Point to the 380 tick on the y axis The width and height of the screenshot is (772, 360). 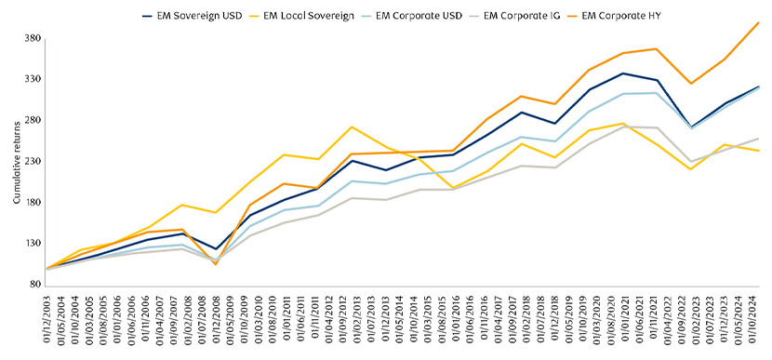click(33, 38)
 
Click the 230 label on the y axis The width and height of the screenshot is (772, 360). click(33, 161)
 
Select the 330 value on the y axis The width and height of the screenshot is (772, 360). click(33, 79)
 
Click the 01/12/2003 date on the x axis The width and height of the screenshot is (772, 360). click(47, 316)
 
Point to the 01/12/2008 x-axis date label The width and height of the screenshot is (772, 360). click(216, 316)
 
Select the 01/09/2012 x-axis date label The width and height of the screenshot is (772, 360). click(352, 316)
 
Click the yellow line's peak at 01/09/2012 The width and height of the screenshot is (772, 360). click(352, 127)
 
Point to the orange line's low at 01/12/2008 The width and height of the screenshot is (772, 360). click(216, 264)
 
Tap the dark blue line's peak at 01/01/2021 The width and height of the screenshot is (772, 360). click(623, 73)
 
